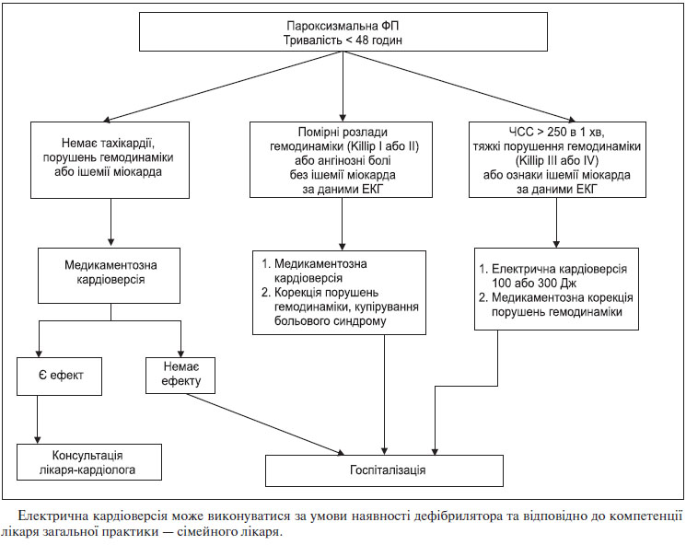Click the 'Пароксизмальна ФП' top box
tap(343, 31)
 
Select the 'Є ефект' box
tap(60, 377)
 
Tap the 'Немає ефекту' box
tap(180, 376)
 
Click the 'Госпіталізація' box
tap(384, 470)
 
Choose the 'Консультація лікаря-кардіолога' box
tap(89, 462)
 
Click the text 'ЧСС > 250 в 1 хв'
tap(556, 132)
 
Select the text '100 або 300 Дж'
tap(534, 283)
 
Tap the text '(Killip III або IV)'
tap(557, 160)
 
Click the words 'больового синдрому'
tap(331, 321)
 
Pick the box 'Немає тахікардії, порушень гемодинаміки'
tap(110, 160)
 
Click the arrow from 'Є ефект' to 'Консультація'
tap(38, 420)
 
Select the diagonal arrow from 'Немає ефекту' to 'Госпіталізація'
tap(265, 423)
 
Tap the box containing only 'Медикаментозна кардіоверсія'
tap(109, 275)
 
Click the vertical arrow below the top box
tap(343, 86)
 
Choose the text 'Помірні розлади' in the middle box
tap(343, 132)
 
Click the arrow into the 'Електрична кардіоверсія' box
tap(556, 223)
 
